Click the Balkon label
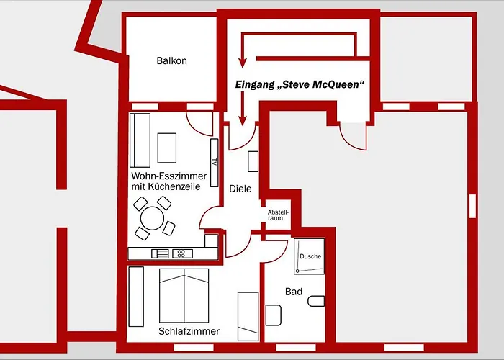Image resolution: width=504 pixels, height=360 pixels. (x=171, y=60)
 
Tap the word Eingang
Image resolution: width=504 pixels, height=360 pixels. (x=255, y=85)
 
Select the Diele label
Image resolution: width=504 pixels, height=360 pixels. (x=240, y=189)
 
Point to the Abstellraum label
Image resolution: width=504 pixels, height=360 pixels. (x=278, y=215)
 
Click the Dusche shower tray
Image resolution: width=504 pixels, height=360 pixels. (x=309, y=256)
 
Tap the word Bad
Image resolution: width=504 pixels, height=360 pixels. (x=294, y=292)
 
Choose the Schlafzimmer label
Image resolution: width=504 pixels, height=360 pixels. (x=189, y=331)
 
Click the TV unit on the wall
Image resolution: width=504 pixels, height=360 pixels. (x=215, y=163)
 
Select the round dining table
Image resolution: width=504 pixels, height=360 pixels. (x=153, y=218)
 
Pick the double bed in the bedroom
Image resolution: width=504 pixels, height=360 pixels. (x=184, y=296)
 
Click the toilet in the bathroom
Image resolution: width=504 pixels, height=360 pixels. (x=316, y=301)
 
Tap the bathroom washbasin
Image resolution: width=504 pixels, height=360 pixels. (x=273, y=315)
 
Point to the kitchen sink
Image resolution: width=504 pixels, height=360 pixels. (x=160, y=253)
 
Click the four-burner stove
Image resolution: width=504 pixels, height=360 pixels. (x=182, y=253)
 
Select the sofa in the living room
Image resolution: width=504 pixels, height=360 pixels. (x=140, y=140)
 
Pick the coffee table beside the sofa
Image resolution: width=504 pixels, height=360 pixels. (x=167, y=148)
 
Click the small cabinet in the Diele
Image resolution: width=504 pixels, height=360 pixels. (x=253, y=161)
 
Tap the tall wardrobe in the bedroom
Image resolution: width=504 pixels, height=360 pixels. (x=136, y=297)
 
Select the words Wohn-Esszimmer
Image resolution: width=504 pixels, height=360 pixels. (x=168, y=176)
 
